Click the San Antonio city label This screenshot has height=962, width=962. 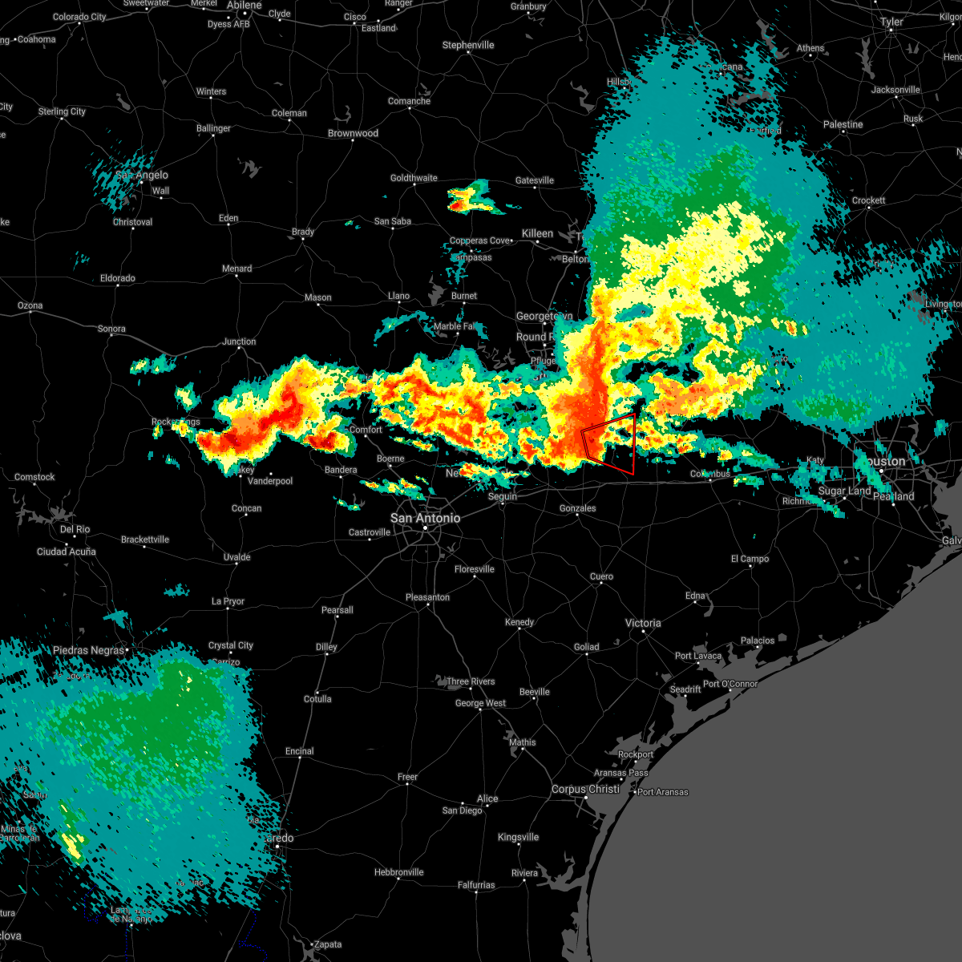pyautogui.click(x=425, y=518)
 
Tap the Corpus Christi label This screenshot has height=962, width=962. pyautogui.click(x=585, y=789)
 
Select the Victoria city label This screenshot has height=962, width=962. pyautogui.click(x=643, y=623)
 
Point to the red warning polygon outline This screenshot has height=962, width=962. pyautogui.click(x=633, y=445)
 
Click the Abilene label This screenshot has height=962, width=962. pyautogui.click(x=244, y=6)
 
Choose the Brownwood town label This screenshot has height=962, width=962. pyautogui.click(x=353, y=133)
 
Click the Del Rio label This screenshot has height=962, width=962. pyautogui.click(x=75, y=529)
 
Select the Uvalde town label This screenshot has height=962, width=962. pyautogui.click(x=236, y=557)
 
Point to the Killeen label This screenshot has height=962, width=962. pyautogui.click(x=537, y=233)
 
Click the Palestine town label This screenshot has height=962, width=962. pyautogui.click(x=843, y=124)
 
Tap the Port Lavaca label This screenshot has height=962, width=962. pyautogui.click(x=697, y=656)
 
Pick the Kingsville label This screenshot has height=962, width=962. pyautogui.click(x=518, y=837)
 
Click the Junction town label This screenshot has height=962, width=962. pyautogui.click(x=239, y=342)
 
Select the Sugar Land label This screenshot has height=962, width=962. pyautogui.click(x=844, y=491)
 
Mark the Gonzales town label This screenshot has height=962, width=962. pyautogui.click(x=577, y=508)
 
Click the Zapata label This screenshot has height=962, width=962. pyautogui.click(x=327, y=944)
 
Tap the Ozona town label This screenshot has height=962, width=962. pyautogui.click(x=30, y=305)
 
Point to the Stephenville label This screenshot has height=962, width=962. pyautogui.click(x=468, y=45)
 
